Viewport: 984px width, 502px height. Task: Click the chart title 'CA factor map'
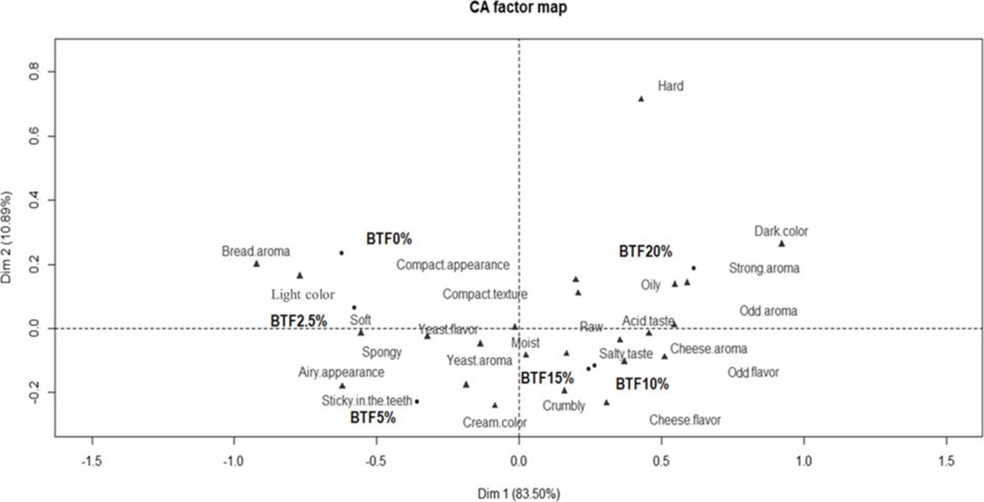point(518,8)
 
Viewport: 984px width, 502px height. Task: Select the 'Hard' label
point(671,86)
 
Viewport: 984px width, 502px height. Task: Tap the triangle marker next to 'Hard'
point(641,99)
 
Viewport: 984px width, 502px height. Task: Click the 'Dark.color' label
point(781,231)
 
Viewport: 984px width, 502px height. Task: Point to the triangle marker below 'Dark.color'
point(782,244)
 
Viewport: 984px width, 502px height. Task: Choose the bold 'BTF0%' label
point(389,239)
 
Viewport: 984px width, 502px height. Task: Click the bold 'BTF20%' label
point(645,251)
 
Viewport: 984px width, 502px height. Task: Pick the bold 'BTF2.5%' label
point(298,321)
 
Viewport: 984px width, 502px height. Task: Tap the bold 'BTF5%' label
point(373,418)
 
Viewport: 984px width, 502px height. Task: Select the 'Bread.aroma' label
point(256,251)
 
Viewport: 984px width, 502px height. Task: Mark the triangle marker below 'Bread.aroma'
point(256,264)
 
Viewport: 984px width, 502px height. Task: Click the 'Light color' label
point(303,295)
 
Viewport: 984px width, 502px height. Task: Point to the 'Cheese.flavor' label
point(685,420)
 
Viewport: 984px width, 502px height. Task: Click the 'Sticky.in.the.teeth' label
point(367,401)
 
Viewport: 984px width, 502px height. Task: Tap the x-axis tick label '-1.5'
point(91,461)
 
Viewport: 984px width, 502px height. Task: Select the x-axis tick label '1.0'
point(804,461)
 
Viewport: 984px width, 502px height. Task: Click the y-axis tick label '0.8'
point(34,72)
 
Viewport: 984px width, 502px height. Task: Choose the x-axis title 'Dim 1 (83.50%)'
point(519,493)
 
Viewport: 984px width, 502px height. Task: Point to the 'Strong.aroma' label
point(764,268)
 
